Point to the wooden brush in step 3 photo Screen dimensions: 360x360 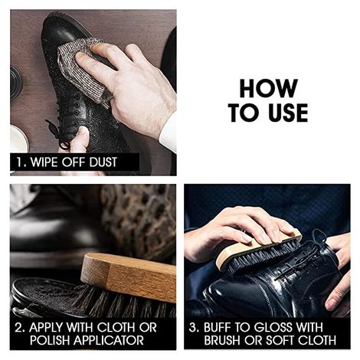click(257, 249)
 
